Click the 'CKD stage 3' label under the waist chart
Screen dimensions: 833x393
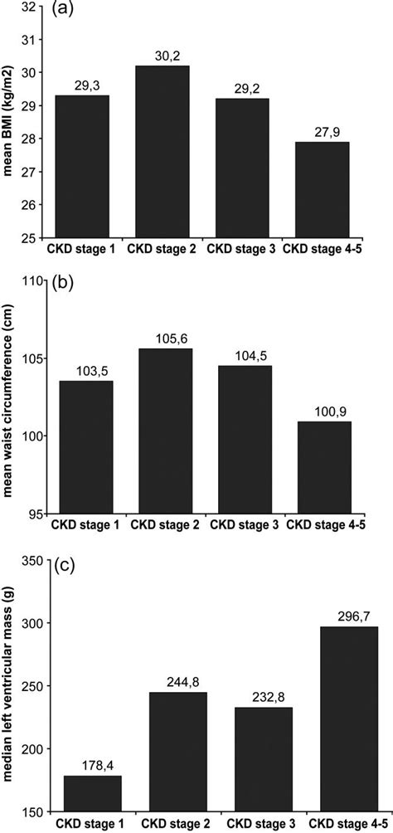point(242,525)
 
